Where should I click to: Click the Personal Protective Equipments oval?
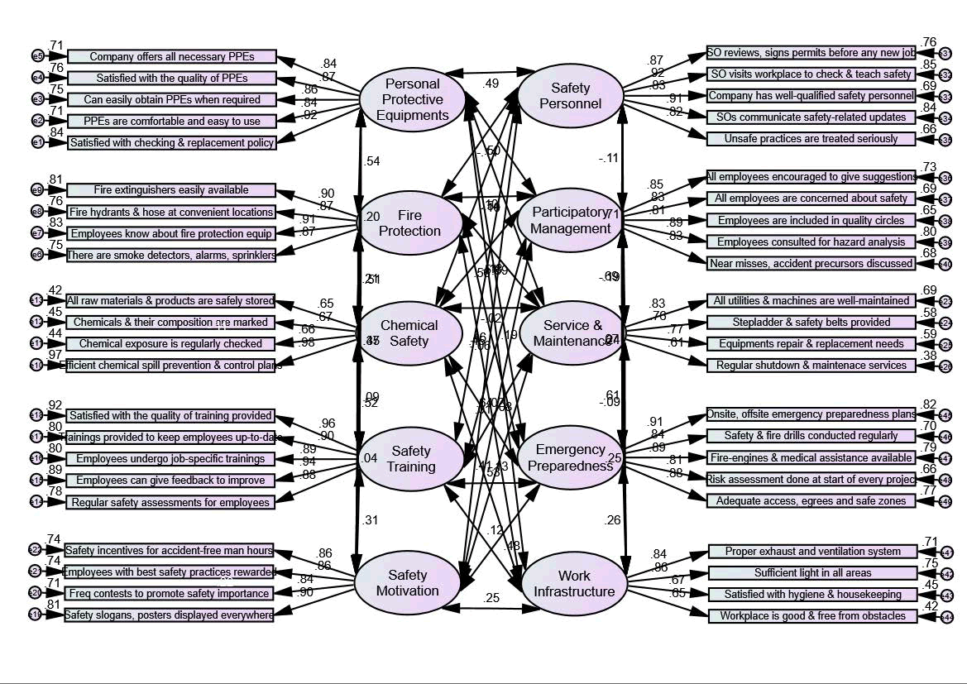coord(413,99)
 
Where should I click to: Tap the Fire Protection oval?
coord(409,222)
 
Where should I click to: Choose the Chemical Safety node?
coord(409,332)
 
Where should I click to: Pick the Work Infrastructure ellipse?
coord(574,584)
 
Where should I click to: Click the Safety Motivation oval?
coord(407,583)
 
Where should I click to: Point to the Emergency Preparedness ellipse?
coord(570,457)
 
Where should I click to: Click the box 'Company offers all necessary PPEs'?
coord(171,56)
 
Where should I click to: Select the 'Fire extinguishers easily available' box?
coord(170,190)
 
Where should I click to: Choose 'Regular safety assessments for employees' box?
coord(170,502)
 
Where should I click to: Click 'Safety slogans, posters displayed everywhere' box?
coord(169,615)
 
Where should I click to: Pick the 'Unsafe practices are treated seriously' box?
coord(811,138)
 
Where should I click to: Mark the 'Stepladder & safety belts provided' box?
coord(811,322)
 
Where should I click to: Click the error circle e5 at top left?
coord(37,56)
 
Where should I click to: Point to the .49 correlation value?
coord(491,83)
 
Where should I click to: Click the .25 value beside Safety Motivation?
coord(493,598)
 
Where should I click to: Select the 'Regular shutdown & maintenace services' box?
coord(811,365)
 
